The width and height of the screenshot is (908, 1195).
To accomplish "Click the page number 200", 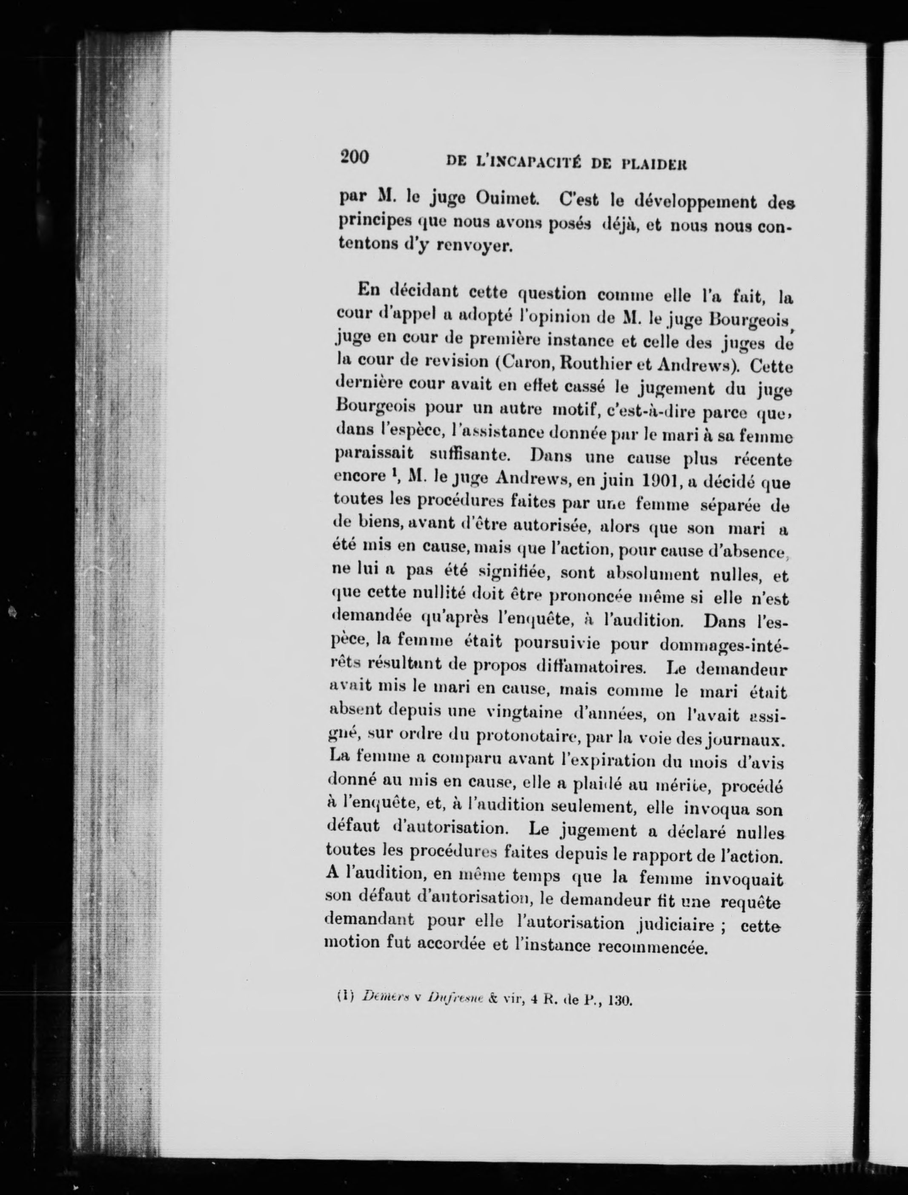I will coord(355,157).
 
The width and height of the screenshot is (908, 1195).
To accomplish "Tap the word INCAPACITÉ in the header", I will coord(521,160).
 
